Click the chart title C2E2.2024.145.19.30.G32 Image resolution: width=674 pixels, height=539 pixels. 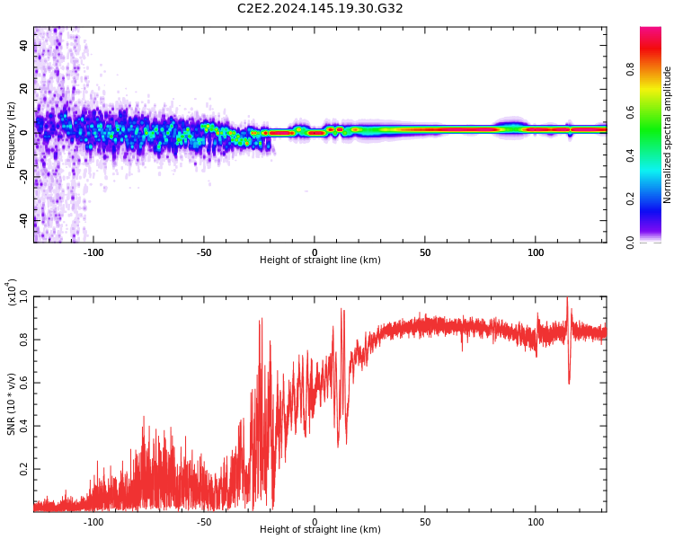(320, 8)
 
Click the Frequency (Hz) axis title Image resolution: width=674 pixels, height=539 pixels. (12, 135)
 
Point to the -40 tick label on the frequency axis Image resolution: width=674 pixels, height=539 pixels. (24, 218)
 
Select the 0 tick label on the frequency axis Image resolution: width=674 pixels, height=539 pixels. (24, 132)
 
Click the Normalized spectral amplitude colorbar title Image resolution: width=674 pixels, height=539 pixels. (668, 135)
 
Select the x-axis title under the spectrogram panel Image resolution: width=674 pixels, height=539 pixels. (320, 261)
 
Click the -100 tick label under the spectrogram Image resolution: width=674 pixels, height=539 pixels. (93, 252)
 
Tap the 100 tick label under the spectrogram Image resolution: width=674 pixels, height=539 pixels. (536, 252)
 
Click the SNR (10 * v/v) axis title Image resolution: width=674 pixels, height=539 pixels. (12, 404)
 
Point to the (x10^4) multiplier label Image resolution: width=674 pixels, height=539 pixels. (12, 292)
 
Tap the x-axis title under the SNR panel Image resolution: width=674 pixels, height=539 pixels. (320, 530)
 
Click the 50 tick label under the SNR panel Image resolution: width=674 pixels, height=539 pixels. (425, 522)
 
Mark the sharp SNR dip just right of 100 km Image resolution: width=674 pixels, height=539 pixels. (569, 382)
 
